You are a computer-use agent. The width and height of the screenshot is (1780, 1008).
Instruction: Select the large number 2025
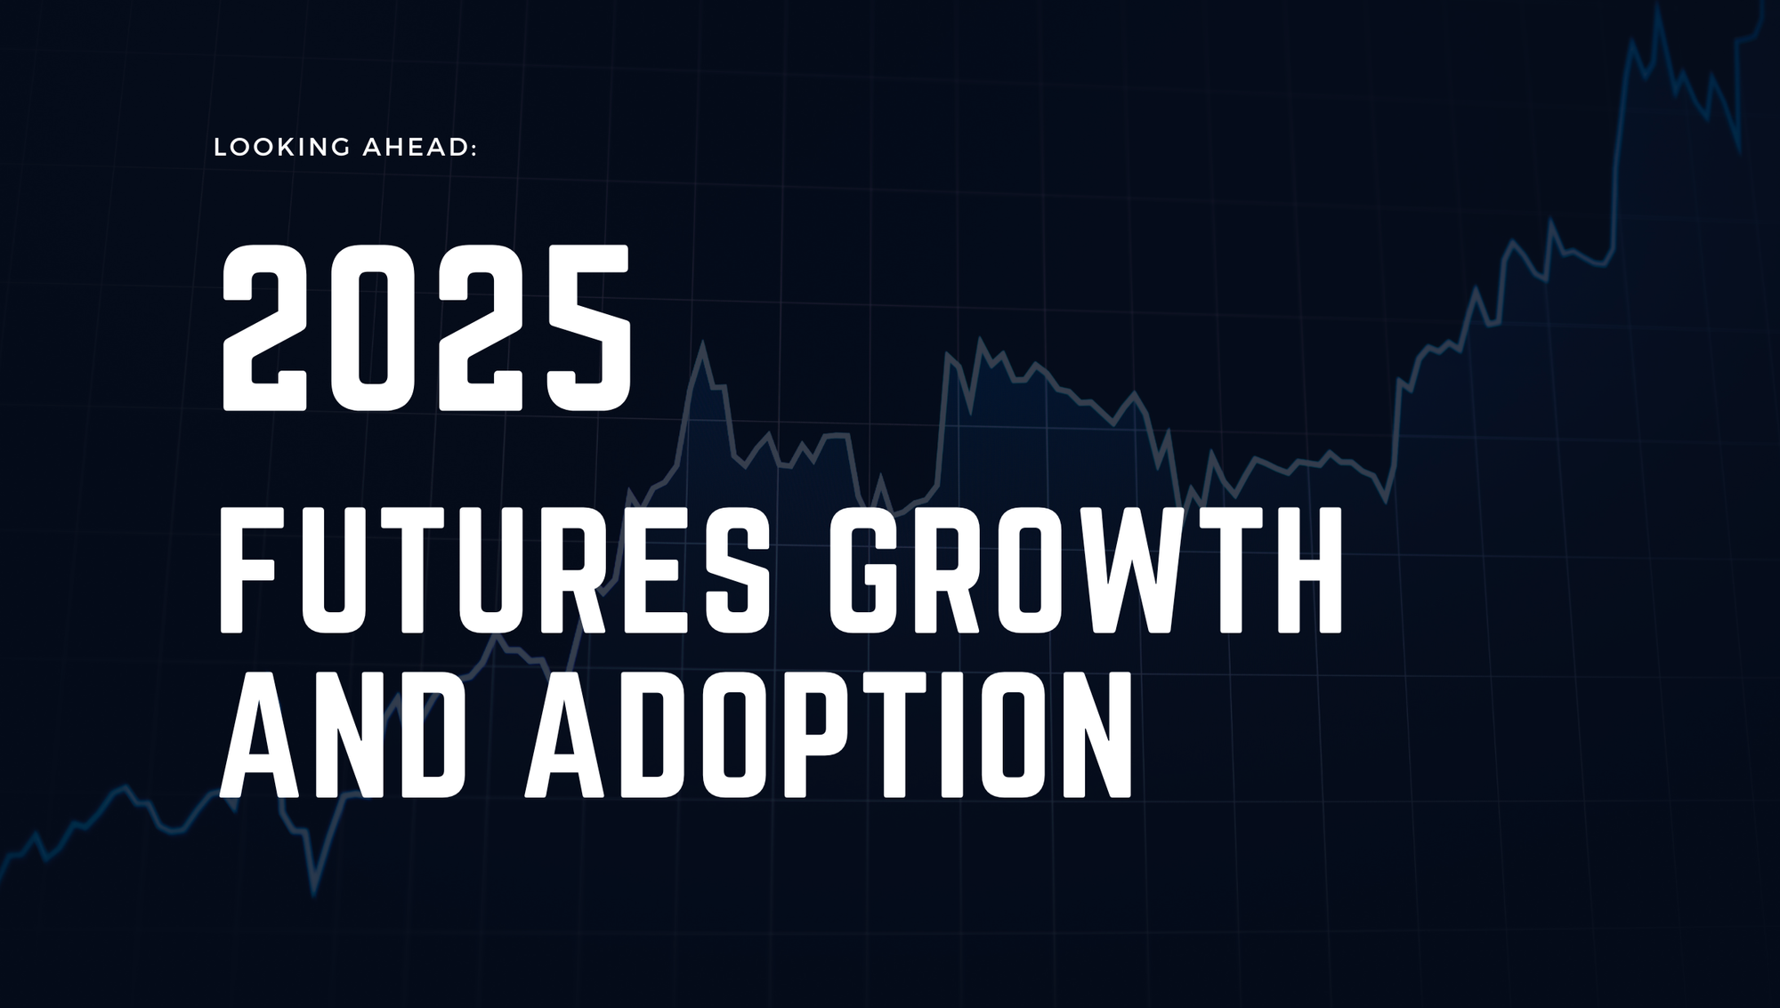426,328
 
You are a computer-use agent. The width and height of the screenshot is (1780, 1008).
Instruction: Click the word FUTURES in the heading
494,570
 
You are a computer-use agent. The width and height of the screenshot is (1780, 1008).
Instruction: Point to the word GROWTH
1085,570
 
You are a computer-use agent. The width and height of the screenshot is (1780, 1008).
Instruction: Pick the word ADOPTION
829,734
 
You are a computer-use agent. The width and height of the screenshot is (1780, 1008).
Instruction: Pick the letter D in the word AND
432,734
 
